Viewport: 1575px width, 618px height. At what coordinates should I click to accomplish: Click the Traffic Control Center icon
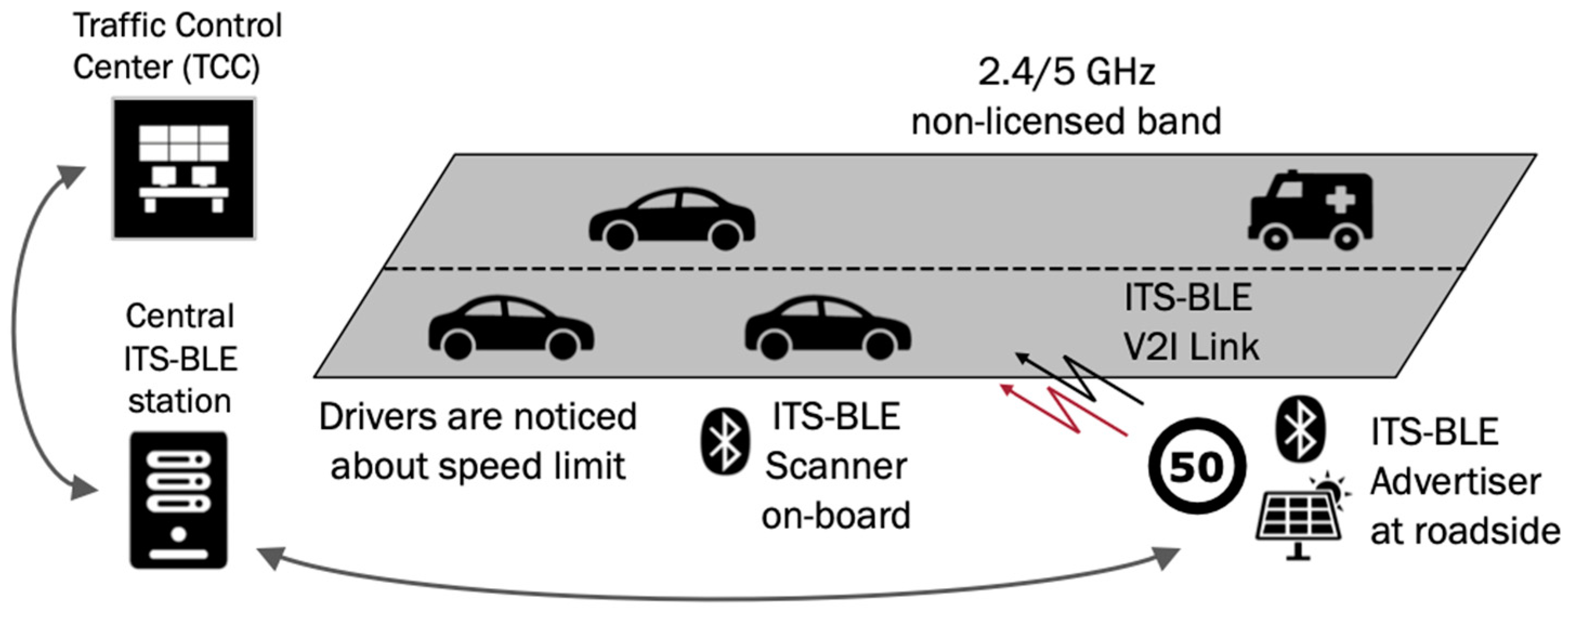(x=183, y=168)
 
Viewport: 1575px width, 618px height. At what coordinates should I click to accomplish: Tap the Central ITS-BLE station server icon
(x=179, y=500)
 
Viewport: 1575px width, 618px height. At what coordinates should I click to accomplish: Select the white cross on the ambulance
(x=1340, y=199)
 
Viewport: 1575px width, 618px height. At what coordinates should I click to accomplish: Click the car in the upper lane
(x=671, y=219)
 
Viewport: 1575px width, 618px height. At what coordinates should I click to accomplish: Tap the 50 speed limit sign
(x=1196, y=467)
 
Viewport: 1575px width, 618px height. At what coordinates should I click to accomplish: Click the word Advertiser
(x=1455, y=482)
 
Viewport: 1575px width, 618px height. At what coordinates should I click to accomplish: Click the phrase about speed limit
(x=477, y=466)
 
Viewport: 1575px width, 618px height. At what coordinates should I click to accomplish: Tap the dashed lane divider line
(x=917, y=269)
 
